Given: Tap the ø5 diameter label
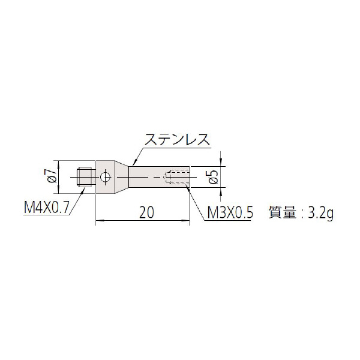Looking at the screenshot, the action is [213, 177].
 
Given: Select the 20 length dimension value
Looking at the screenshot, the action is [146, 212].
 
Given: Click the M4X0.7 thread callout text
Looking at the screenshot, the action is [46, 208].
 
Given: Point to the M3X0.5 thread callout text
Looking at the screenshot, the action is [230, 212].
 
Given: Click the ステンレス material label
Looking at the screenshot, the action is [177, 139].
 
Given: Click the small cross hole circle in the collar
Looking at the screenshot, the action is [106, 177].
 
